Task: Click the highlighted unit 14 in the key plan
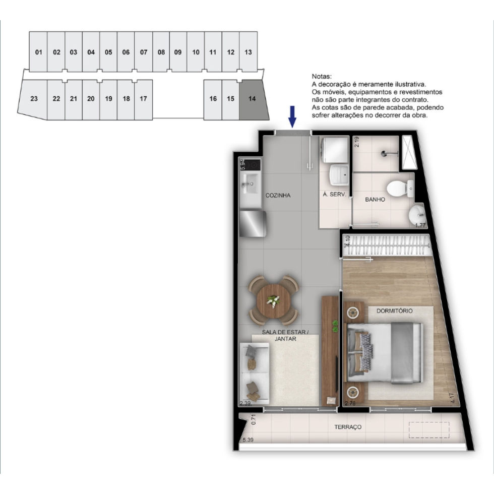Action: (x=253, y=99)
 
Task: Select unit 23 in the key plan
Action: (x=33, y=99)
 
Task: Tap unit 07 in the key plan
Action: (x=144, y=52)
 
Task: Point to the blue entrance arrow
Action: (x=292, y=116)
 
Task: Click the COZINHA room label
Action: (x=278, y=196)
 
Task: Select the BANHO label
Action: (x=375, y=200)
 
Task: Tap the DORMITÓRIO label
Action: (x=394, y=311)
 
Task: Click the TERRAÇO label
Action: (x=348, y=427)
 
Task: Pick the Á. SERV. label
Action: (x=334, y=195)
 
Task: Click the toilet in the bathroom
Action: (x=400, y=189)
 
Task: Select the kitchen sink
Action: (x=249, y=183)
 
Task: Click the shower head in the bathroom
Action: (x=385, y=154)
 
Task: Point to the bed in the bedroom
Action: (x=384, y=353)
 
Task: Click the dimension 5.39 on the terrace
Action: (x=248, y=440)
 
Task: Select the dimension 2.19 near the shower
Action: (x=357, y=142)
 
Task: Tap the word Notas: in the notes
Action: (x=322, y=77)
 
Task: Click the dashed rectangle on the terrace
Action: (x=429, y=429)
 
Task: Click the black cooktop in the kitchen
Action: (x=250, y=165)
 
